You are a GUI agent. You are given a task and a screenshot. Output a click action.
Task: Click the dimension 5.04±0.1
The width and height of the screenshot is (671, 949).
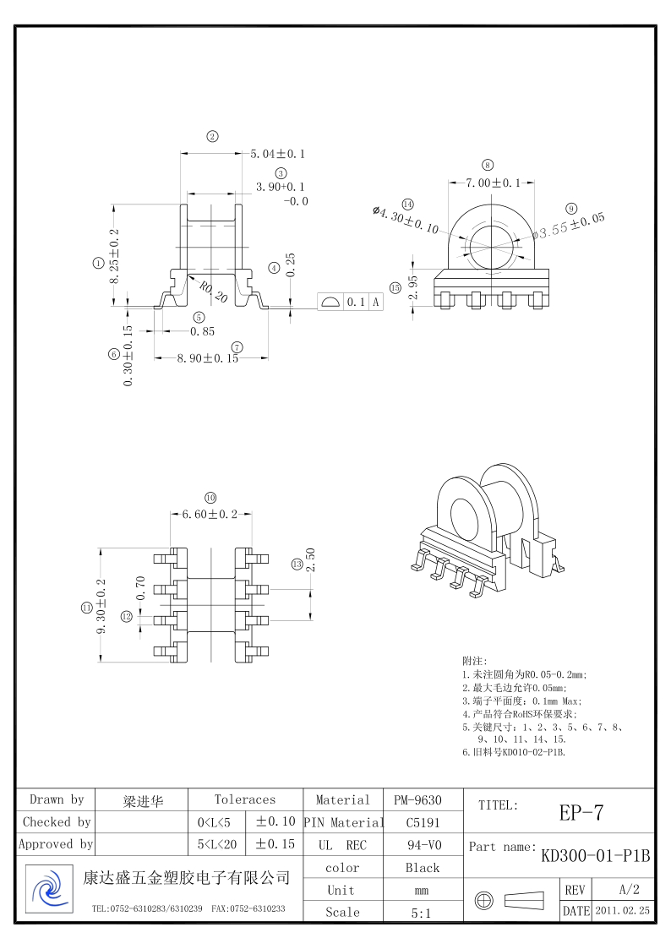(x=278, y=154)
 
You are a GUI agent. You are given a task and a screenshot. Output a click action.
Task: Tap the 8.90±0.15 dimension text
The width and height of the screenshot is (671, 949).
(x=208, y=358)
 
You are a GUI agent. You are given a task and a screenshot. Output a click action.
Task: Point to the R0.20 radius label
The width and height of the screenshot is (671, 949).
(x=213, y=292)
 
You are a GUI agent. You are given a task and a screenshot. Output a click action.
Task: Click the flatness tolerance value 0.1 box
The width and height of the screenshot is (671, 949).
(x=356, y=303)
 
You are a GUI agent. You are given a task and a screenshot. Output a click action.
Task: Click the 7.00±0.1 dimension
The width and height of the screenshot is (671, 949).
(x=494, y=183)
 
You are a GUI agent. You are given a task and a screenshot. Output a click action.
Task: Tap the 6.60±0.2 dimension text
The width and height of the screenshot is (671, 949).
(x=210, y=514)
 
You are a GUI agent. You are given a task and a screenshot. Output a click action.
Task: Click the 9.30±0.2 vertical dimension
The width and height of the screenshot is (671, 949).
(x=102, y=607)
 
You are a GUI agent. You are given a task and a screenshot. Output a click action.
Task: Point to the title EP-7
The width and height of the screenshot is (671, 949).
(x=581, y=813)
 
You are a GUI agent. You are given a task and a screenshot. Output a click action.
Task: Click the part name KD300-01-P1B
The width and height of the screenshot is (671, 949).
(x=596, y=855)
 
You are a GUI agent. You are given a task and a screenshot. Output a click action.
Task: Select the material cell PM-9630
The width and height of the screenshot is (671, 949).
(x=417, y=799)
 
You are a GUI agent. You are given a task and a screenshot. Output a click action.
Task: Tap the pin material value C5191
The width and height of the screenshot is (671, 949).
(x=423, y=821)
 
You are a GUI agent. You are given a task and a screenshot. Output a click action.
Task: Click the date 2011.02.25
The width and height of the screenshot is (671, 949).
(x=623, y=911)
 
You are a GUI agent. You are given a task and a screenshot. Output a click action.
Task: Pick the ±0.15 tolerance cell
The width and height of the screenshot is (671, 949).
(x=275, y=843)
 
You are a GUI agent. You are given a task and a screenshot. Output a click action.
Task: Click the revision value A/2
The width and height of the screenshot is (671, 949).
(x=629, y=890)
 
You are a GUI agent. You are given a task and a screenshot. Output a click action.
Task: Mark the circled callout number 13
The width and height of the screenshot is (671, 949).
(x=297, y=564)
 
